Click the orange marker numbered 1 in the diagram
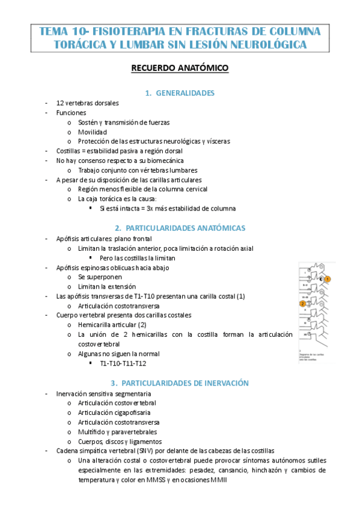328,279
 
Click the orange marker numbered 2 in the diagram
302,304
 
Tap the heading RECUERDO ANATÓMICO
180,69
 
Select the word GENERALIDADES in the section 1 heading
185,93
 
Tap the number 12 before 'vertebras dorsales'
60,103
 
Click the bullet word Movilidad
92,132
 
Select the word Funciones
71,112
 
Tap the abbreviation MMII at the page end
219,479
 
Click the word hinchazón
264,470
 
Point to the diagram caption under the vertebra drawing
314,357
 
